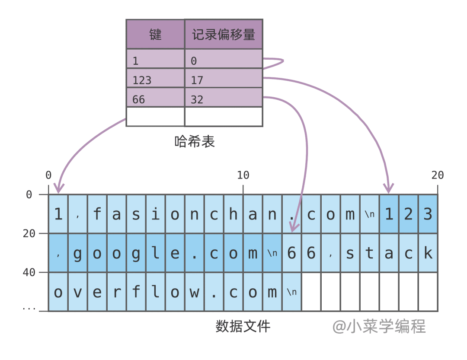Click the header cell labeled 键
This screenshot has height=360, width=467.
pyautogui.click(x=155, y=34)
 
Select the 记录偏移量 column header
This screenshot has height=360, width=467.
pyautogui.click(x=224, y=34)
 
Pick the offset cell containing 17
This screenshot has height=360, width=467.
pyautogui.click(x=224, y=80)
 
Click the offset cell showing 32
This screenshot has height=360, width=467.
pyautogui.click(x=224, y=99)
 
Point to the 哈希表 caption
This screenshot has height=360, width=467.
pyautogui.click(x=195, y=141)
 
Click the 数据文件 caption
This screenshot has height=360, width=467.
pyautogui.click(x=243, y=325)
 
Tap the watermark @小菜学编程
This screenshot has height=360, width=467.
pyautogui.click(x=379, y=326)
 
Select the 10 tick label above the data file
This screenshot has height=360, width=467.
pyautogui.click(x=243, y=175)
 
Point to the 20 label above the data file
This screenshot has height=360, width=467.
pyautogui.click(x=437, y=175)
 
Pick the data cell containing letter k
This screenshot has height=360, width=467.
pyautogui.click(x=428, y=253)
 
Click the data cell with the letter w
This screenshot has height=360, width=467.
pyautogui.click(x=195, y=292)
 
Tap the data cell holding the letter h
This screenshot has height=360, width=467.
pyautogui.click(x=233, y=214)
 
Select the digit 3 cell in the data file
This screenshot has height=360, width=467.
pyautogui.click(x=428, y=214)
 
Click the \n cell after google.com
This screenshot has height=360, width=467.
pyautogui.click(x=272, y=253)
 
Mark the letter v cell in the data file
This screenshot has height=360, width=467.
pyautogui.click(x=78, y=292)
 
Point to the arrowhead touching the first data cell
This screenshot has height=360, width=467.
pyautogui.click(x=58, y=188)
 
